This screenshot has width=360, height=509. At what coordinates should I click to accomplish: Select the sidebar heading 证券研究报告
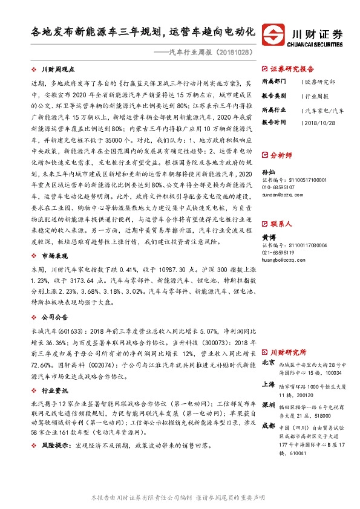point(292,68)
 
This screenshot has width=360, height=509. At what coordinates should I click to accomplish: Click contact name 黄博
point(268,238)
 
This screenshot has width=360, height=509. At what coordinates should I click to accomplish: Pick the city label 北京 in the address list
point(269,363)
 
